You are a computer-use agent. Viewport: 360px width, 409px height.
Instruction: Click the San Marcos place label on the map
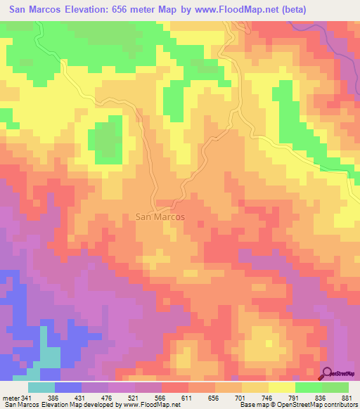[160, 217]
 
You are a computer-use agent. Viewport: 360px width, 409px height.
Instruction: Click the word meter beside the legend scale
[10, 397]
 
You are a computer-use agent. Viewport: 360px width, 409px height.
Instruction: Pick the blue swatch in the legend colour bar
[68, 387]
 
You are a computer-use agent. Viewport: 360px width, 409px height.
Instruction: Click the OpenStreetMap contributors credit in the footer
[310, 405]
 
